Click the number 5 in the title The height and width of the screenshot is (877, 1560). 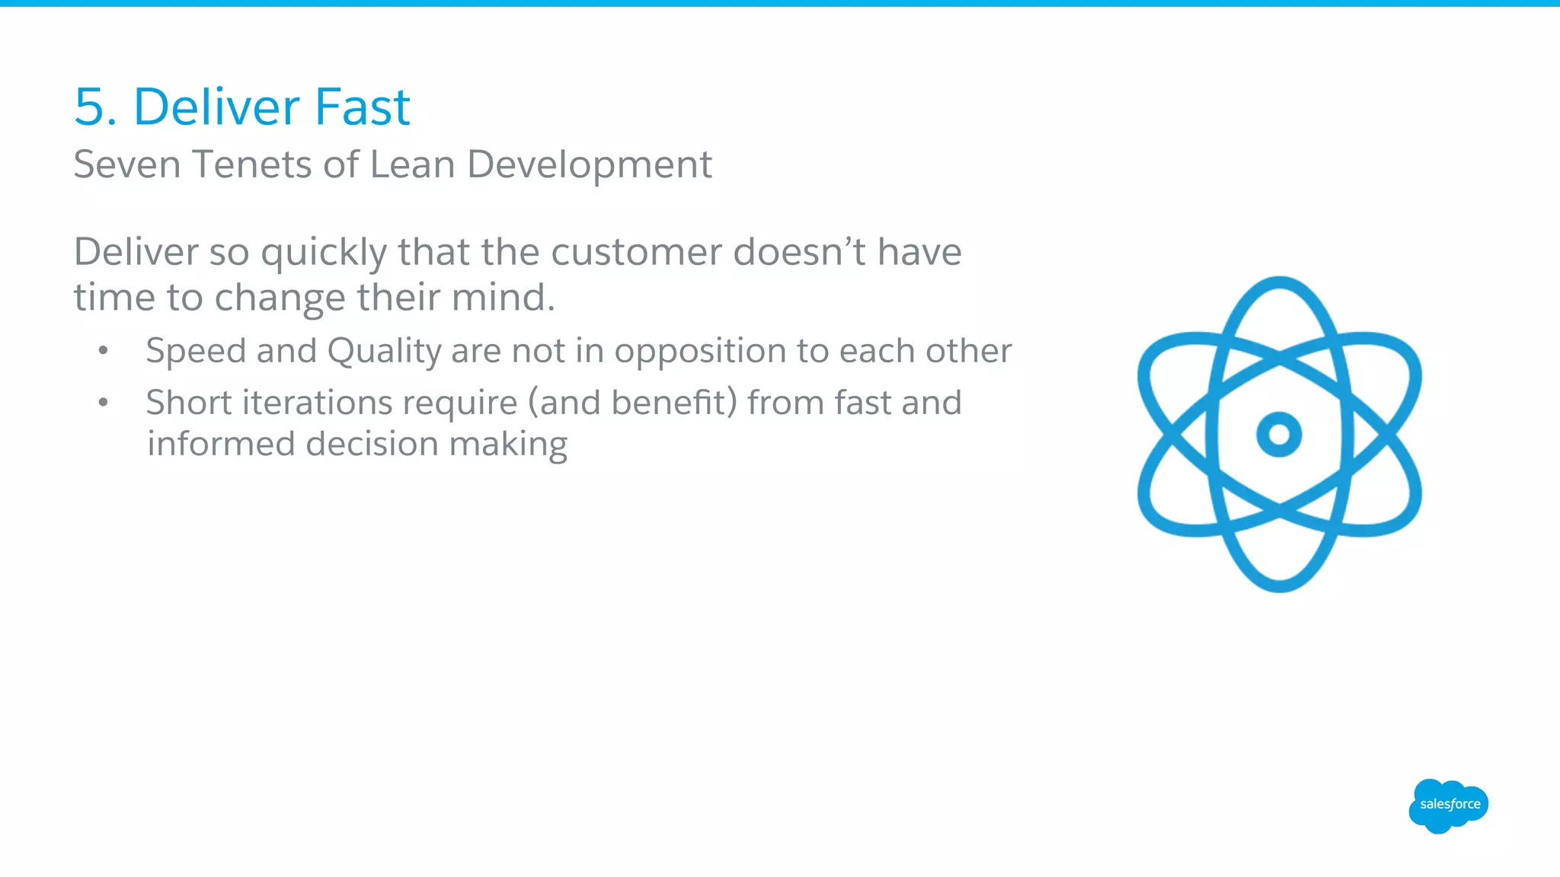tap(90, 107)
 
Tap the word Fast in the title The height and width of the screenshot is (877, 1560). tap(363, 107)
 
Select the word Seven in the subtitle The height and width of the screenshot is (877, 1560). tap(127, 164)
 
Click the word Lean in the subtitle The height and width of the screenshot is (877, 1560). tap(412, 164)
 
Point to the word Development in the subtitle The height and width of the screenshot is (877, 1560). tap(590, 166)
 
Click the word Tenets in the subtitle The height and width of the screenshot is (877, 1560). tap(251, 164)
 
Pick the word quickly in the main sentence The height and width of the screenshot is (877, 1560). tap(324, 254)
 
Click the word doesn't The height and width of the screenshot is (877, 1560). tap(799, 252)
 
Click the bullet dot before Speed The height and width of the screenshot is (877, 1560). tap(104, 351)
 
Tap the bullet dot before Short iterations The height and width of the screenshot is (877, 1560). tap(104, 403)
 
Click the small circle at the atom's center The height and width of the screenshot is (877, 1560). tap(1279, 435)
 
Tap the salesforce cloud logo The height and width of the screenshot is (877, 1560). tap(1448, 805)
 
